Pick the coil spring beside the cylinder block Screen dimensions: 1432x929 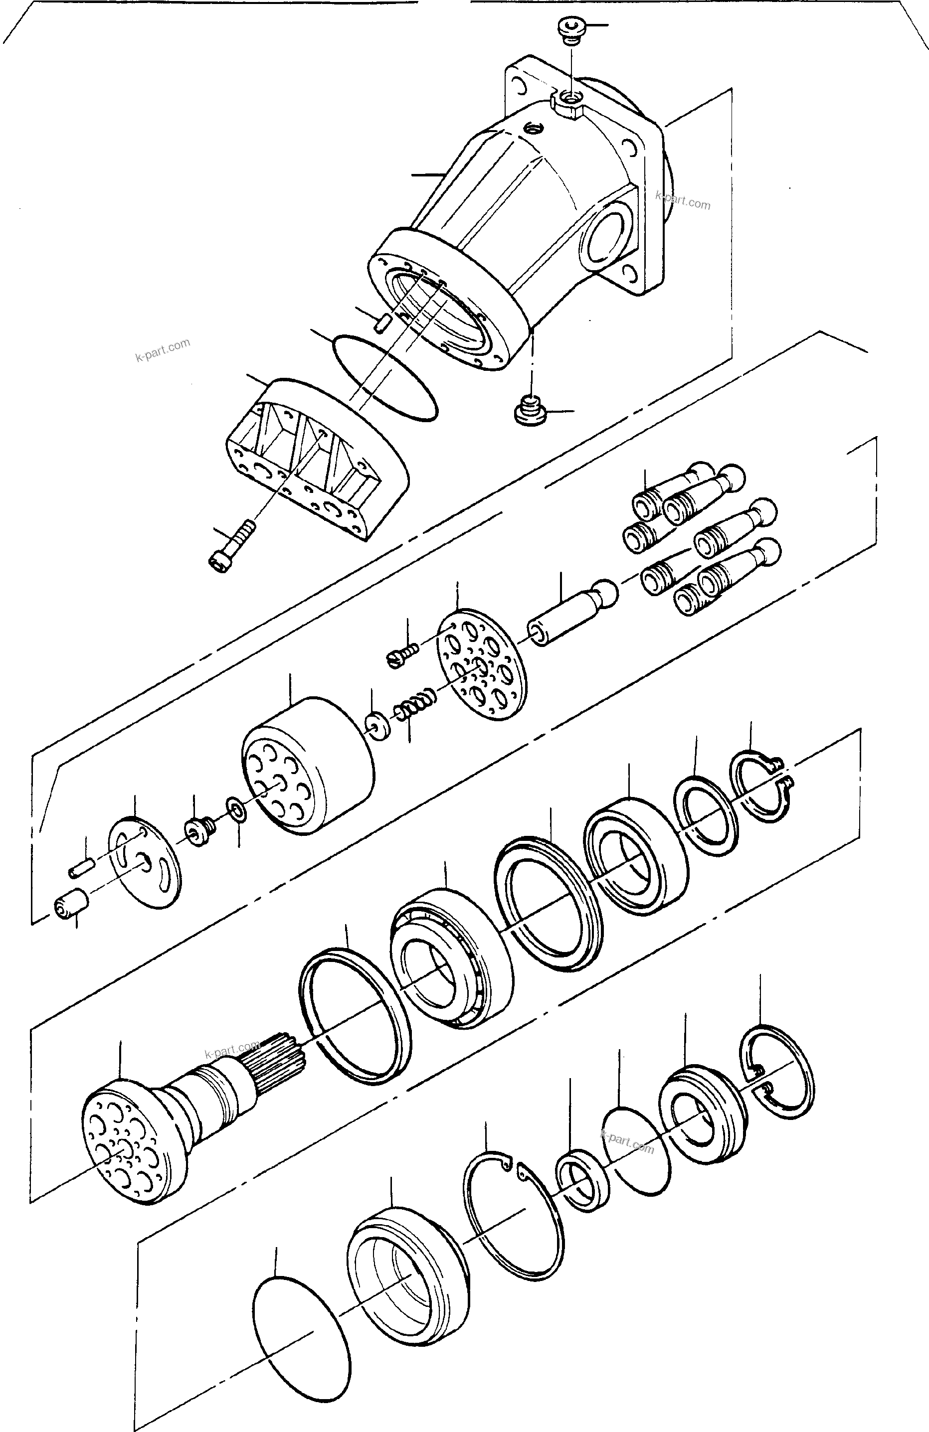[x=415, y=702]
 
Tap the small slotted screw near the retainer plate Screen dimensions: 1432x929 [x=402, y=656]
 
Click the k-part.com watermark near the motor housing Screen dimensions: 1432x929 [x=682, y=200]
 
